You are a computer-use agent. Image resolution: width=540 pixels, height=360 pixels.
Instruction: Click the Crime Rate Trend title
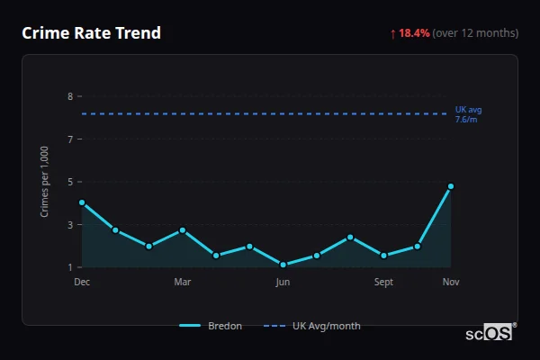pos(91,33)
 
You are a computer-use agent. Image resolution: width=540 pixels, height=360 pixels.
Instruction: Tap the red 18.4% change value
pos(415,33)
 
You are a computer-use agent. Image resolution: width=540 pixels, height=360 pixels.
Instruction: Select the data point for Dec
pos(82,202)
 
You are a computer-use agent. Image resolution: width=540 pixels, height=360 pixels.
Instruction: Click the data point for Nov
pos(451,186)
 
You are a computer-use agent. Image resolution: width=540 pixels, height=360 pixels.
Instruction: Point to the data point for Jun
pos(283,265)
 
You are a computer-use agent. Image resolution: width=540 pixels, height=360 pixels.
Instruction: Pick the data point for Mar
pos(183,230)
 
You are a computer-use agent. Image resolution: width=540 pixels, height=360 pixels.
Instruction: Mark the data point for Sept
pos(384,256)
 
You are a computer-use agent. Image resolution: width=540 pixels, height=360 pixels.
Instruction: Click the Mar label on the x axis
pos(183,283)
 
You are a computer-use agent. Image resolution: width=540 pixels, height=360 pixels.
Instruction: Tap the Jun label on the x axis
pos(283,283)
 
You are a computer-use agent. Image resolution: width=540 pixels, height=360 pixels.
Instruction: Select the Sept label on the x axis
pos(384,283)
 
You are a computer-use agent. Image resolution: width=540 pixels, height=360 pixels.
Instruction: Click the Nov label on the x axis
pos(451,283)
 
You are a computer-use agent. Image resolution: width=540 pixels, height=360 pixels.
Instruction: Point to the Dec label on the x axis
pos(82,283)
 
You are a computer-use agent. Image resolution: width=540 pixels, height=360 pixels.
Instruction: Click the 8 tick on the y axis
pos(70,96)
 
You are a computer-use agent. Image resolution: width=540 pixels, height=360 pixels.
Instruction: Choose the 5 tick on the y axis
pos(70,182)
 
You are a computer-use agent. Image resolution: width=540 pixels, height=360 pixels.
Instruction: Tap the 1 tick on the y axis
pos(70,267)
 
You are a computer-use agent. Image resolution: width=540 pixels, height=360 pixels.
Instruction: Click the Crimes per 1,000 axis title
pos(45,182)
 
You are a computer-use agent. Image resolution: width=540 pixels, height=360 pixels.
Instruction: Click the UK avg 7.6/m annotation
pos(468,114)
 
